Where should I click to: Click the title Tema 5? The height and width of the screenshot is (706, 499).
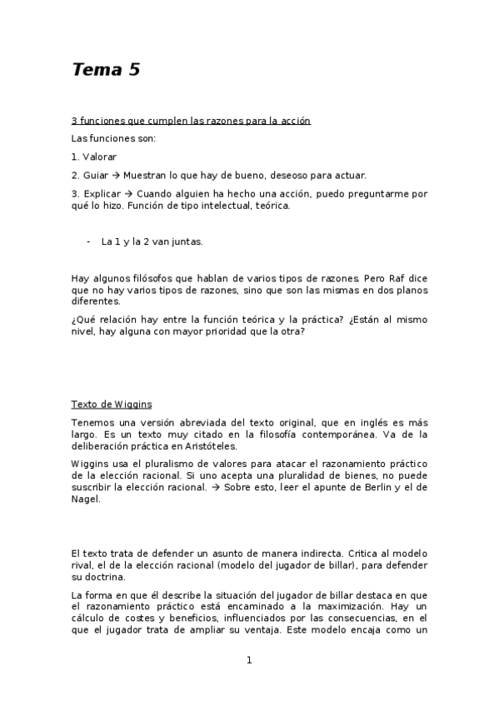[105, 71]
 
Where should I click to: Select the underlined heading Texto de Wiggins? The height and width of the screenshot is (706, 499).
[112, 405]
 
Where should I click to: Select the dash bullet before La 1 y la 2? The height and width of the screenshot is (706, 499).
[88, 241]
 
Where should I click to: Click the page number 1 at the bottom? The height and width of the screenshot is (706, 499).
[249, 661]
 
